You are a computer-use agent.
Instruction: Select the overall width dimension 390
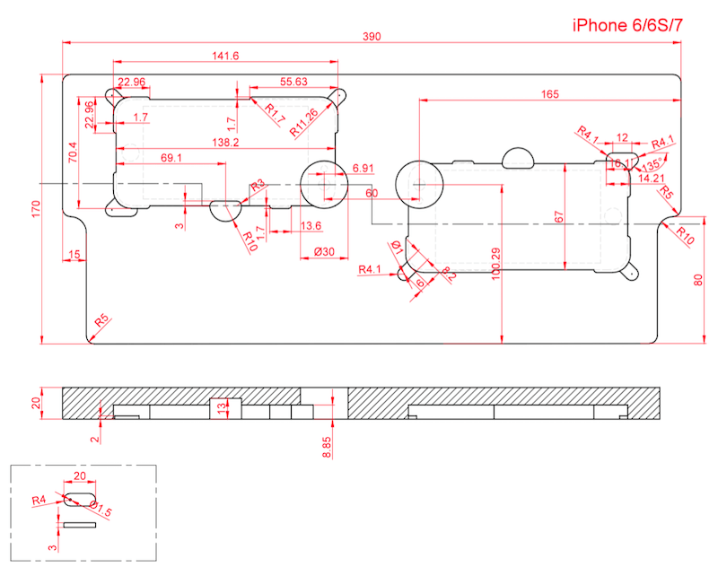372,37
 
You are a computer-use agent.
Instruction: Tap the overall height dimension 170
34,209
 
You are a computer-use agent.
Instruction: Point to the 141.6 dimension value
225,56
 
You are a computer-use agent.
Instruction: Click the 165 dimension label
550,93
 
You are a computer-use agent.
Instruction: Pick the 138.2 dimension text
225,143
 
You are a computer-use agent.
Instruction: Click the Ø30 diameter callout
324,252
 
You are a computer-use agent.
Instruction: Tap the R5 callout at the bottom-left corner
101,320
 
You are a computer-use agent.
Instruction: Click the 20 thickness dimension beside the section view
37,403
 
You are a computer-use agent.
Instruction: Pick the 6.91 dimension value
363,168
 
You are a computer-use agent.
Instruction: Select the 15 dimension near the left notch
74,256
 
